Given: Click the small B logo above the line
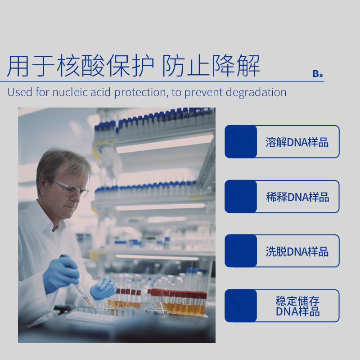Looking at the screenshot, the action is pyautogui.click(x=318, y=74).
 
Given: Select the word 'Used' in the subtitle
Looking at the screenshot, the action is pyautogui.click(x=20, y=92).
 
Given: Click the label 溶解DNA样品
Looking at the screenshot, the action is pyautogui.click(x=297, y=142).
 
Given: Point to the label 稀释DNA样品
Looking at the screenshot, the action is pyautogui.click(x=297, y=197).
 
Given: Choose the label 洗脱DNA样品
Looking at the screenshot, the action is pyautogui.click(x=297, y=252).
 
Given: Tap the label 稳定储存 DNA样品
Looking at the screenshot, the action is pyautogui.click(x=297, y=306).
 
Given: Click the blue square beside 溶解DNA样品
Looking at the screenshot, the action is pyautogui.click(x=241, y=142).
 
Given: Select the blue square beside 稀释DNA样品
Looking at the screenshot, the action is pyautogui.click(x=241, y=197).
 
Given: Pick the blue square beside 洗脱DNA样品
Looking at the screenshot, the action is pyautogui.click(x=241, y=251).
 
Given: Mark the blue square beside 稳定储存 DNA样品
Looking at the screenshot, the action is pyautogui.click(x=241, y=306).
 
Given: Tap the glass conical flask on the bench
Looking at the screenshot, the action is pyautogui.click(x=157, y=302).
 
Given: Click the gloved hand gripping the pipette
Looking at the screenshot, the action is pyautogui.click(x=61, y=274).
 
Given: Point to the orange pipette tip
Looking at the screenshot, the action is pyautogui.click(x=87, y=300).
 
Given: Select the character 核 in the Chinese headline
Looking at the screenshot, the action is pyautogui.click(x=68, y=66).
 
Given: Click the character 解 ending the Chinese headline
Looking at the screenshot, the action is pyautogui.click(x=248, y=66).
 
